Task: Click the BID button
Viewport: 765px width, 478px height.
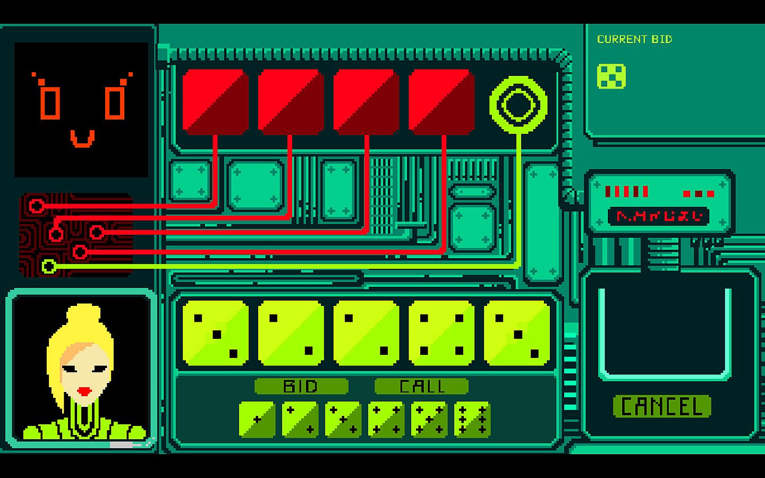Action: pyautogui.click(x=301, y=386)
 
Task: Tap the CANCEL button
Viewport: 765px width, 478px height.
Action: pyautogui.click(x=661, y=407)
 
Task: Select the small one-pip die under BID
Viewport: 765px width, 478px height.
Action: pyautogui.click(x=257, y=420)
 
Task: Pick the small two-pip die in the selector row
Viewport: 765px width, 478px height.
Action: pyautogui.click(x=300, y=420)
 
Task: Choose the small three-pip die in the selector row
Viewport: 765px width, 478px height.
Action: pyautogui.click(x=343, y=420)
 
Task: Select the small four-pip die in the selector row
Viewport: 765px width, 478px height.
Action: pyautogui.click(x=386, y=420)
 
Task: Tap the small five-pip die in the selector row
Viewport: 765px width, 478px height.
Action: pyautogui.click(x=429, y=420)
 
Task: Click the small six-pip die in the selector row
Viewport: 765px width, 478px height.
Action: pyautogui.click(x=472, y=420)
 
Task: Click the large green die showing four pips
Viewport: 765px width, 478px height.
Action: pyautogui.click(x=441, y=334)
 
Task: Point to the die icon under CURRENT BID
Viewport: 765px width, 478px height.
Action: pyautogui.click(x=611, y=76)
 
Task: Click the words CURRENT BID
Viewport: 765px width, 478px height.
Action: pyautogui.click(x=634, y=39)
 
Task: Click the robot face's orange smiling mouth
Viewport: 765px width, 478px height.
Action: pyautogui.click(x=83, y=139)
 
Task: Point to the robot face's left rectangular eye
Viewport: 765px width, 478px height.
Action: pyautogui.click(x=50, y=103)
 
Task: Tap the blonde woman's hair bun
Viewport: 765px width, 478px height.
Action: pyautogui.click(x=83, y=315)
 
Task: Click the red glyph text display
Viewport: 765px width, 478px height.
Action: pyautogui.click(x=659, y=216)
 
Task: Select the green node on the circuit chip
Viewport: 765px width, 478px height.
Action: pyautogui.click(x=49, y=266)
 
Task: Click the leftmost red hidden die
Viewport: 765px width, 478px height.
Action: pyautogui.click(x=215, y=101)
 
